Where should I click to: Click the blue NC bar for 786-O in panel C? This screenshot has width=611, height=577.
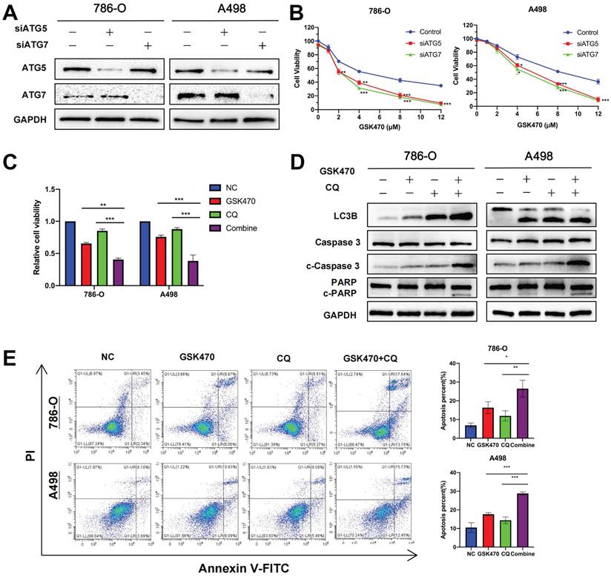pyautogui.click(x=70, y=253)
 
